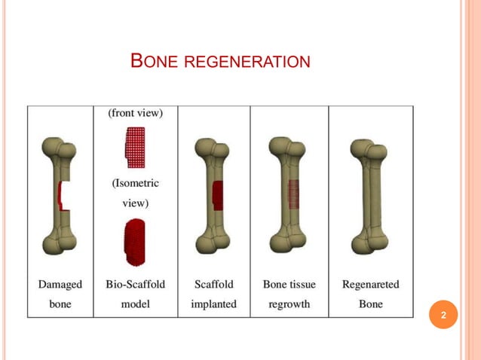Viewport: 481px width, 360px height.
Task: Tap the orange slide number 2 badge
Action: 443,315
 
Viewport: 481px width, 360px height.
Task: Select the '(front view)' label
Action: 136,113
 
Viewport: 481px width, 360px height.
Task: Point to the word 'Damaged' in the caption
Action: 60,285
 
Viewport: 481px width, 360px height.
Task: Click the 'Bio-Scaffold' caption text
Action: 136,285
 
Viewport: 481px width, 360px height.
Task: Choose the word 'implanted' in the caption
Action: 213,304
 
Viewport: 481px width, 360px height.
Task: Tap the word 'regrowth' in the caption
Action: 289,304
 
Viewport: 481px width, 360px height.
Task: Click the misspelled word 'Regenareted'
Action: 370,285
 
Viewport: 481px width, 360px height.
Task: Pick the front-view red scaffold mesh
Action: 135,144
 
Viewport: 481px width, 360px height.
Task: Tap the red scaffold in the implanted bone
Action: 217,195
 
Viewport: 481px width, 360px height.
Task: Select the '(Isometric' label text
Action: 135,183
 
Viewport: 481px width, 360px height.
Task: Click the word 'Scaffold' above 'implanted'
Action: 214,285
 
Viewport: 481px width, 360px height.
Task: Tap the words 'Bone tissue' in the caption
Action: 289,285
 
